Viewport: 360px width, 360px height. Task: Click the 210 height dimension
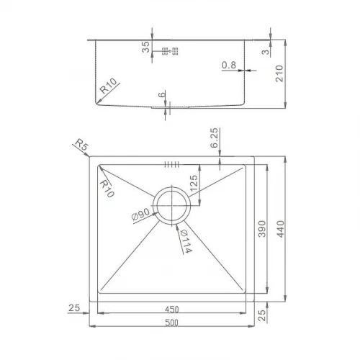click(x=279, y=73)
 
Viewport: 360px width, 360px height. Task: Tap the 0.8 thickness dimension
click(x=229, y=65)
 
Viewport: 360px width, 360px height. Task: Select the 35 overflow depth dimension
click(x=145, y=47)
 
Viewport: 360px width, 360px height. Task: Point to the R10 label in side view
click(x=109, y=86)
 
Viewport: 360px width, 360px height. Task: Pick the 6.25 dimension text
click(x=214, y=138)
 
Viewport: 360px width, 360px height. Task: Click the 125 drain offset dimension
click(x=194, y=183)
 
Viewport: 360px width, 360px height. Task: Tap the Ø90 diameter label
click(x=141, y=214)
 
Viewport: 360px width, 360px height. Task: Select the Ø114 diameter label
click(x=186, y=241)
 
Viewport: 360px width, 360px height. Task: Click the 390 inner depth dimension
click(x=262, y=229)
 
